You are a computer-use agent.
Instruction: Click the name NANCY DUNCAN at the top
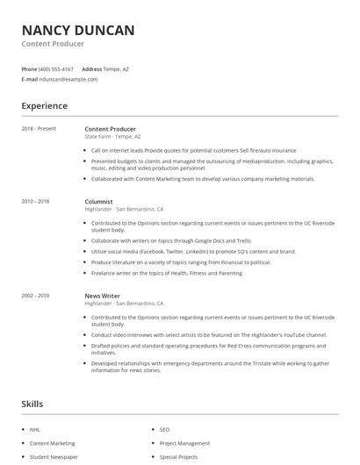[x=78, y=31]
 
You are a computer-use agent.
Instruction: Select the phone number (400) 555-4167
[x=57, y=68]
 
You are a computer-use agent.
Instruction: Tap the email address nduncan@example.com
[x=68, y=79]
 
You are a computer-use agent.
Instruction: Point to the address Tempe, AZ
[x=117, y=68]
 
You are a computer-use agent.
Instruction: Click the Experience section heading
[x=44, y=106]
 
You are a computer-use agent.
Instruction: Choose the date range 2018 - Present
[x=39, y=129]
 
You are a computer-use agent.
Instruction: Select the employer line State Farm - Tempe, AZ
[x=113, y=137]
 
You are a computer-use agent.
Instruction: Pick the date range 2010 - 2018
[x=35, y=201]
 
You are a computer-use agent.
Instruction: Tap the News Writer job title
[x=103, y=296]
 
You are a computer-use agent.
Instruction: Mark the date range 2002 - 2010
[x=35, y=296]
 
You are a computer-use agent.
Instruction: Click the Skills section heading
[x=32, y=404]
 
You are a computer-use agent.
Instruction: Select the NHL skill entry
[x=35, y=430]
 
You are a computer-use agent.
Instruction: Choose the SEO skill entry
[x=164, y=430]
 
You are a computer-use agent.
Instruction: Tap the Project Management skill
[x=184, y=443]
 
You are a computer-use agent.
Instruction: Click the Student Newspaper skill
[x=53, y=457]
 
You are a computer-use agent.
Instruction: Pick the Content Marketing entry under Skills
[x=52, y=443]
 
